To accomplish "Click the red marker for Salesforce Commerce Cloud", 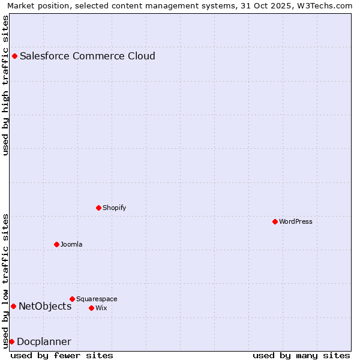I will coord(15,56).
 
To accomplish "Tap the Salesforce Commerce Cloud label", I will coord(88,56).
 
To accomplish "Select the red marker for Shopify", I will coord(99,208).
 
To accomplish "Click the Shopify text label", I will coord(115,208).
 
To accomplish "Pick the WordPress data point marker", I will coord(275,222).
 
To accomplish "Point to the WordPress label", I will coord(296,222).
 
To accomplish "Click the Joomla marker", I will coord(57,245).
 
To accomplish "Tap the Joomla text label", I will coord(71,245).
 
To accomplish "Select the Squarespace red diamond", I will coord(73,299).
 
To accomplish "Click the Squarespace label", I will coord(97,299).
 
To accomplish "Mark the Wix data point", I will coord(92,308).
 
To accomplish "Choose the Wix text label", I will coord(101,308).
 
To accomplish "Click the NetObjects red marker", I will coord(13,307).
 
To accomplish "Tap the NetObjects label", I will coord(45,307).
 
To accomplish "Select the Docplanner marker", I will coord(11,342).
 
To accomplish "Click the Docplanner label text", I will coord(44,342).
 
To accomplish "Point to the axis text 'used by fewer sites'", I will coord(62,356).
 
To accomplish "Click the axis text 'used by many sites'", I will coord(301,356).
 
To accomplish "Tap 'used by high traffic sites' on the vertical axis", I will coord(6,85).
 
